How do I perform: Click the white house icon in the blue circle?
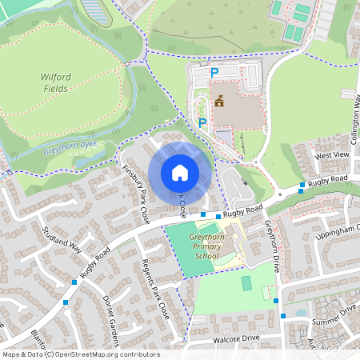click(180, 173)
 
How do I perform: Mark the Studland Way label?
click(64, 238)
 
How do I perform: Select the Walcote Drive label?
click(236, 338)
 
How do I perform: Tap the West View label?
click(332, 154)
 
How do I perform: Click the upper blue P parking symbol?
click(214, 73)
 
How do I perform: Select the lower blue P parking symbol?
click(202, 122)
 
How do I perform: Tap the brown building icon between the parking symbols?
click(218, 101)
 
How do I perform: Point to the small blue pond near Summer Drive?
click(299, 313)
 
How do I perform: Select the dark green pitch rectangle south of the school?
click(246, 283)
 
